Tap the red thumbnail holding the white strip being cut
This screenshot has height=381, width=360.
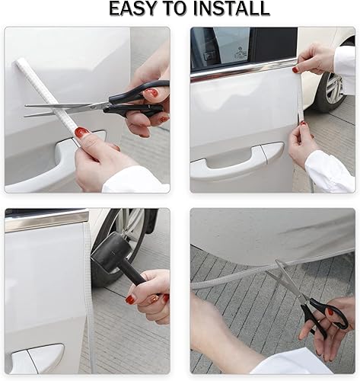(x=81, y=133)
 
